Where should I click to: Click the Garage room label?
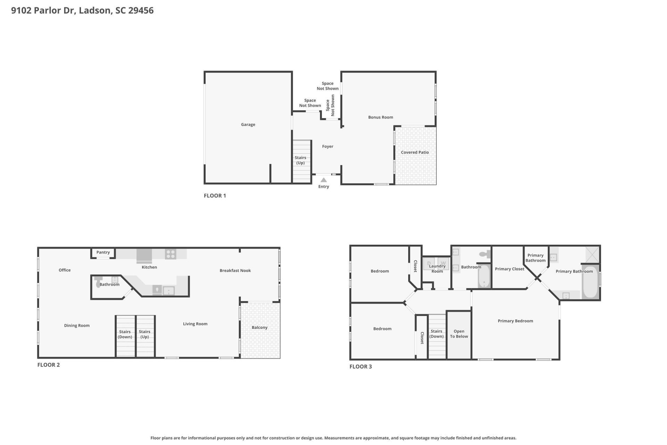(248, 124)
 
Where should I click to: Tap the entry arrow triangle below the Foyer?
(323, 180)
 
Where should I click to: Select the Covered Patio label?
(415, 152)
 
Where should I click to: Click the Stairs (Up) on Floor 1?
(301, 160)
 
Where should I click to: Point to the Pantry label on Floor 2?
(103, 252)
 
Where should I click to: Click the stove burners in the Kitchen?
(170, 254)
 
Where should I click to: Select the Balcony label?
(260, 327)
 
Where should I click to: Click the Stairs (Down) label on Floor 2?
(125, 334)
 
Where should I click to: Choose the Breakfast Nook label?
(235, 270)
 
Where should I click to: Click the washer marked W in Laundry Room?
(443, 263)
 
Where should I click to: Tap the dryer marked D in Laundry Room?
(429, 263)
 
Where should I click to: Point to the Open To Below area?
(459, 334)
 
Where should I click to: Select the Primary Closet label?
(509, 269)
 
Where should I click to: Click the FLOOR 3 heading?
(361, 366)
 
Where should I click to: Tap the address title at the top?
(82, 10)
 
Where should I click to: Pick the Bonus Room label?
(380, 117)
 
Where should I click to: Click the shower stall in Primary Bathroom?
(592, 254)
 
